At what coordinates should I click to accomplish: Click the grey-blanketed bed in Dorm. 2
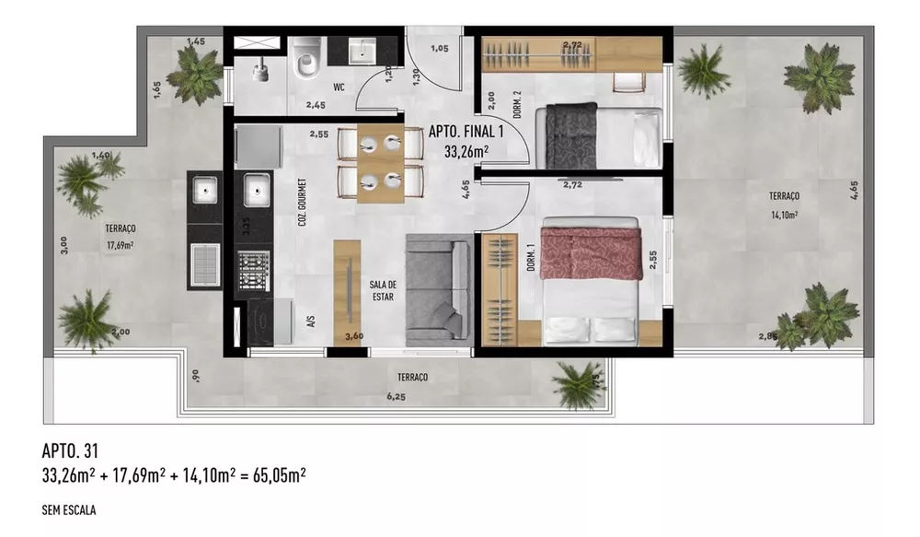603,135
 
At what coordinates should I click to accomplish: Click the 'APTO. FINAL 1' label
466,132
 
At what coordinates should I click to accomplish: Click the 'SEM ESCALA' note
70,508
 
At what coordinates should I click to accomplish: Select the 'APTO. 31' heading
70,450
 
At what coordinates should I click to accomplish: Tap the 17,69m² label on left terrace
121,246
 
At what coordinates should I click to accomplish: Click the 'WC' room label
339,88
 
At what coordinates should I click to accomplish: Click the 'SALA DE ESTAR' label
383,289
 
